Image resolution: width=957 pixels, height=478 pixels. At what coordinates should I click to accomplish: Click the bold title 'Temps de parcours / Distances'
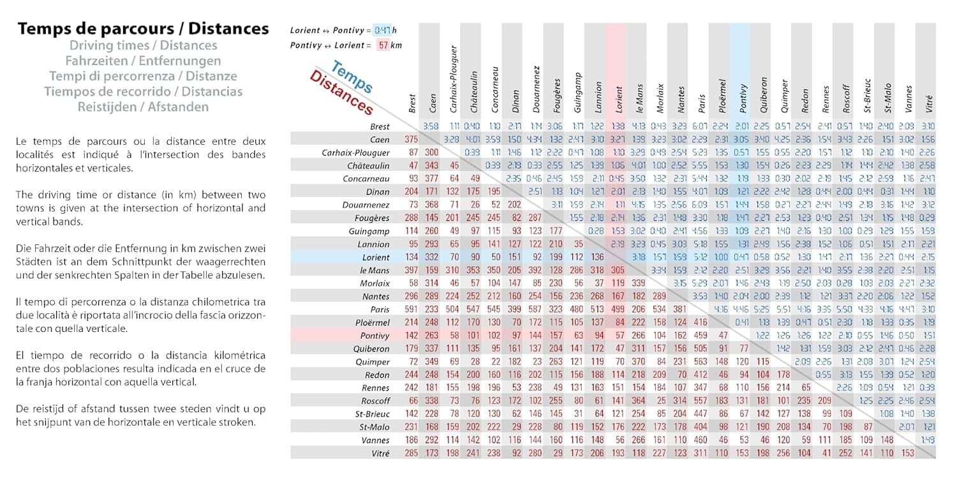(143, 29)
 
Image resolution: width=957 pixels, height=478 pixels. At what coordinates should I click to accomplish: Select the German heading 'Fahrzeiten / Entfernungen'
(143, 61)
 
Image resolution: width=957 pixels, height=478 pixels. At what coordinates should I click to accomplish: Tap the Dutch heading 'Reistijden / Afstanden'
(143, 107)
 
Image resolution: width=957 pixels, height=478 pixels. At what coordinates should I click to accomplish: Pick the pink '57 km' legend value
(390, 45)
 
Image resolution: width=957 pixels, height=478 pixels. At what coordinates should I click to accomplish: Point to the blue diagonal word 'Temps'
(352, 77)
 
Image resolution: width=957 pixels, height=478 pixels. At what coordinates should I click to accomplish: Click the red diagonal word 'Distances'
(341, 93)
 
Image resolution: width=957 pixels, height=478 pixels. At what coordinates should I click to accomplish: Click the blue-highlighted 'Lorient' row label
(375, 257)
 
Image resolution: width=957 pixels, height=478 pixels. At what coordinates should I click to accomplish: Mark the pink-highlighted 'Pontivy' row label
(375, 336)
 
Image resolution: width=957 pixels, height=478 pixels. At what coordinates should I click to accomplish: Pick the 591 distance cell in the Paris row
(412, 310)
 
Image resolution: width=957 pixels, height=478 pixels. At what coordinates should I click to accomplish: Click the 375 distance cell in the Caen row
(412, 140)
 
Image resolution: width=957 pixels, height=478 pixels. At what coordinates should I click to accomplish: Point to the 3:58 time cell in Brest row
(431, 126)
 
